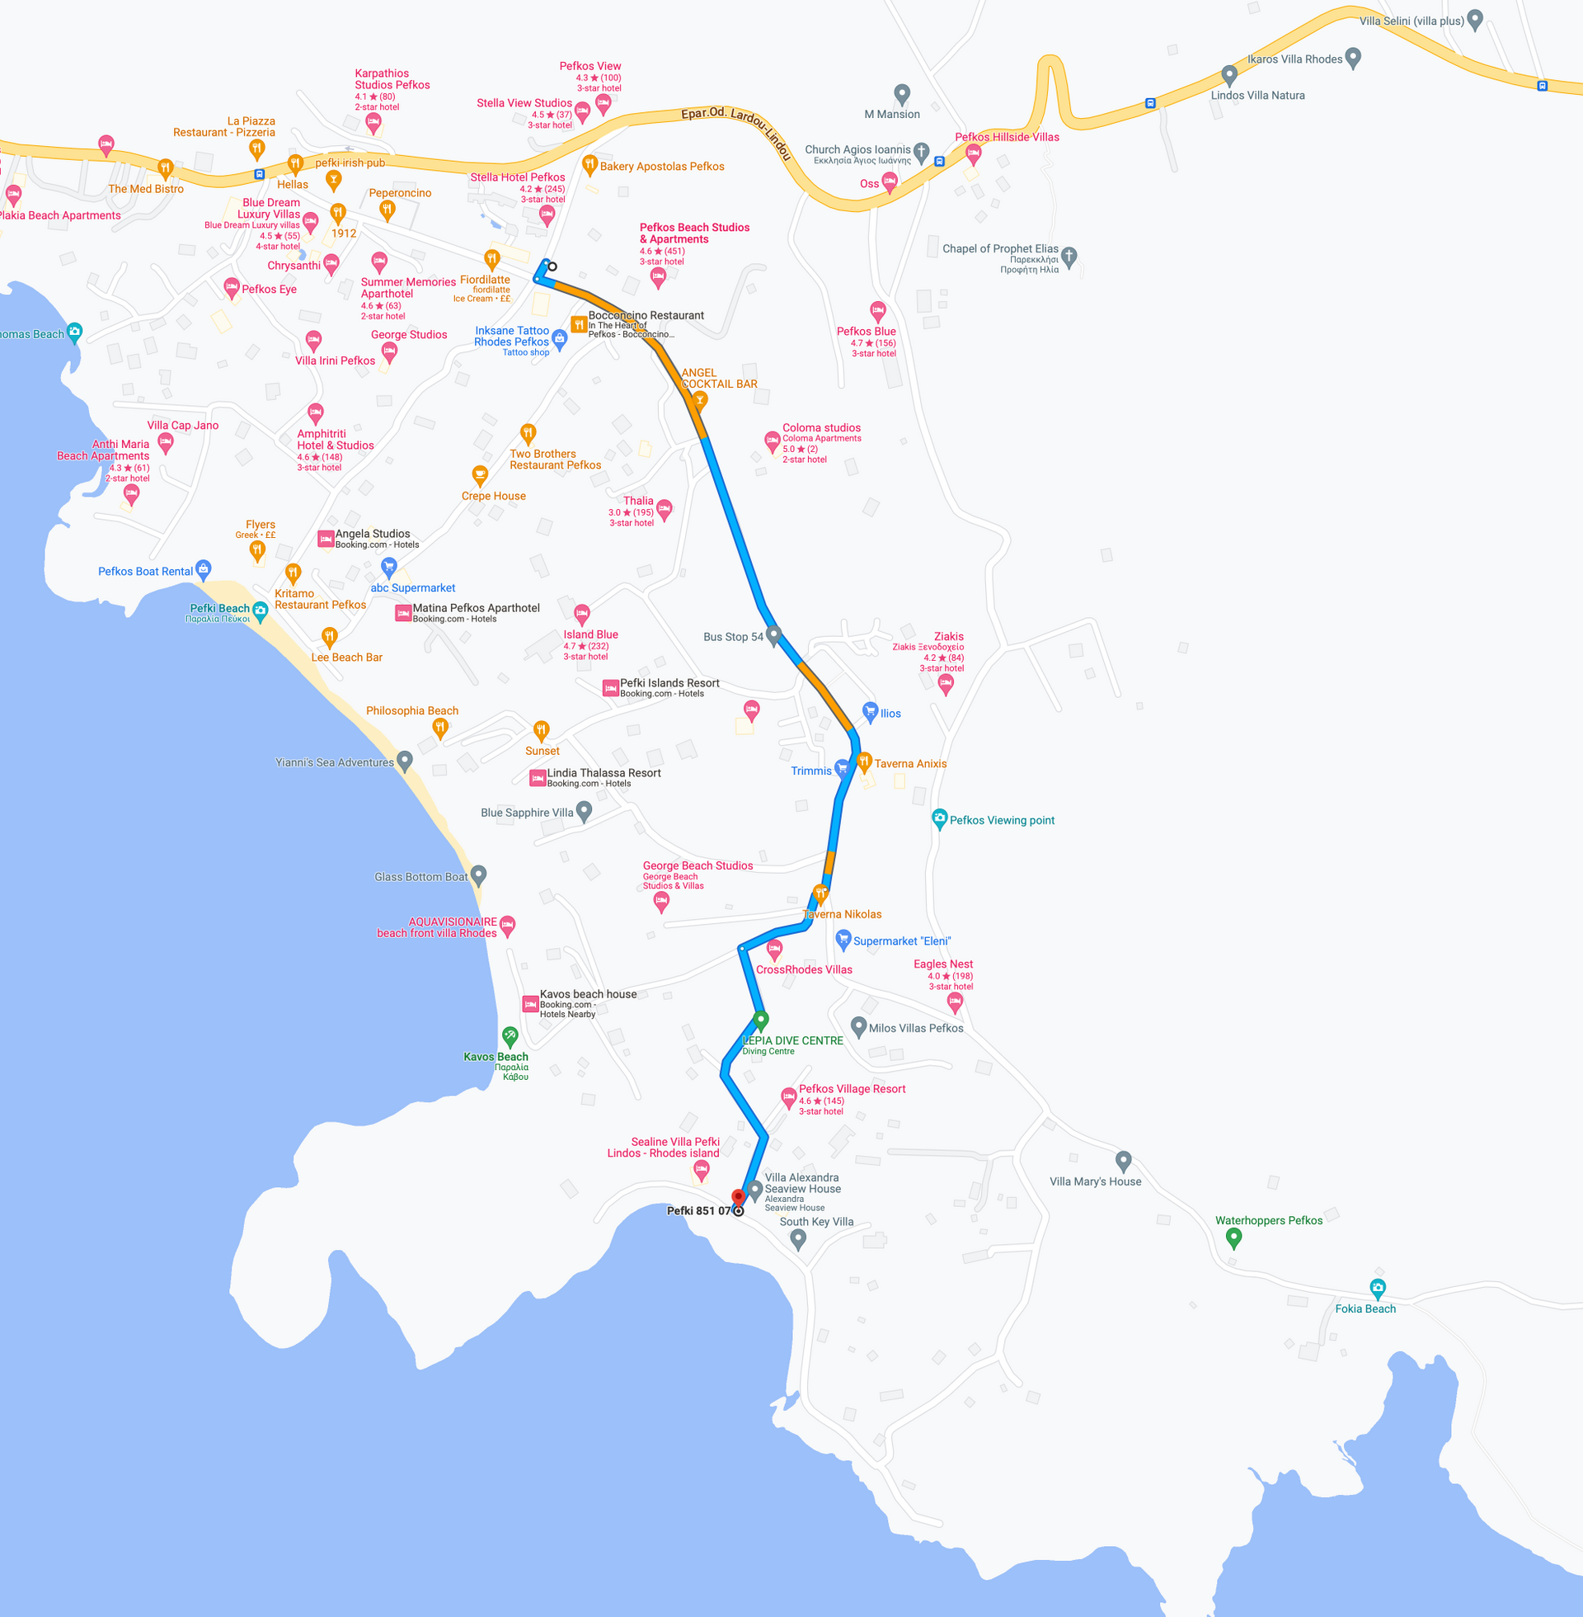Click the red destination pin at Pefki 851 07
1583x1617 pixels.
[737, 1197]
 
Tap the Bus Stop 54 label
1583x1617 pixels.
[732, 637]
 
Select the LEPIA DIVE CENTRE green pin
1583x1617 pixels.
[760, 1019]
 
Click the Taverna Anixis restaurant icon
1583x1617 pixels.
[864, 761]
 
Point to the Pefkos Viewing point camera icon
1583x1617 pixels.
[939, 818]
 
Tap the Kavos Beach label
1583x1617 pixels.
[496, 1057]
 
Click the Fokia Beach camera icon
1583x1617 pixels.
[1378, 1289]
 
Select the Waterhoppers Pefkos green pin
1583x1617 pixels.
[1233, 1237]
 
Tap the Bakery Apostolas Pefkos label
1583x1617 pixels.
[662, 167]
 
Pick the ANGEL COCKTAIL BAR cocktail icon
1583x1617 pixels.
[700, 401]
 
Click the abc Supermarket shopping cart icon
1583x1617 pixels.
[388, 568]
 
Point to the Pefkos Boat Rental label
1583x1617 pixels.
[145, 572]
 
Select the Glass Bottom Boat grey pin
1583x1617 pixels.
[478, 874]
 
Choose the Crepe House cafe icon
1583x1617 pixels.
[480, 475]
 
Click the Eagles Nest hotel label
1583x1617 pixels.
[943, 964]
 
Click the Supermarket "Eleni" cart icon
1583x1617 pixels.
[843, 940]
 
